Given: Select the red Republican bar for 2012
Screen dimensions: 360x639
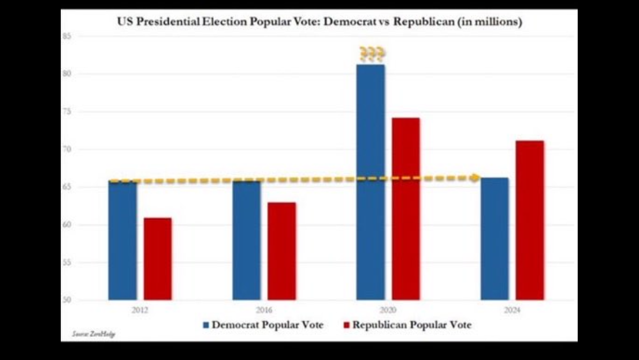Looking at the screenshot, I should (x=157, y=259).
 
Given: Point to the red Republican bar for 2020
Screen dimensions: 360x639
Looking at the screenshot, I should (x=406, y=209).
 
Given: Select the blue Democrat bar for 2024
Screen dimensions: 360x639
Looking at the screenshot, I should (x=495, y=239).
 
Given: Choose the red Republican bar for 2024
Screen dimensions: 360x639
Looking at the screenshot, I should (x=530, y=220).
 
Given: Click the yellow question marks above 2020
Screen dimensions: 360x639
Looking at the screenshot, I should (x=372, y=55).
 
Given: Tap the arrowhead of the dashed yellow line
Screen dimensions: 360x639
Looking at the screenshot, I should (x=475, y=178).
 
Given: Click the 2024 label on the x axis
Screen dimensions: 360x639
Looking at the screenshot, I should (x=512, y=310).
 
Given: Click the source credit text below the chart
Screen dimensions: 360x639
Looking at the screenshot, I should (x=93, y=334).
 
